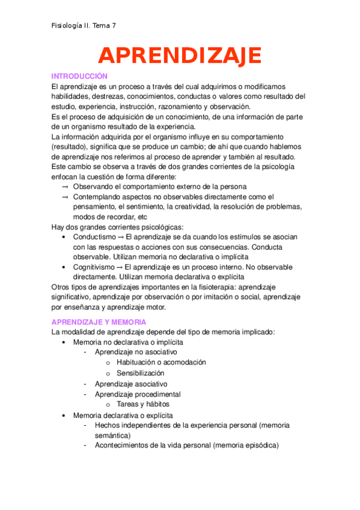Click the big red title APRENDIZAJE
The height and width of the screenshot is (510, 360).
coord(180,55)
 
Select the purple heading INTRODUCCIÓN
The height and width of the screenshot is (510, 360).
coord(79,76)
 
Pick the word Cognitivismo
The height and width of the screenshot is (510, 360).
coord(95,266)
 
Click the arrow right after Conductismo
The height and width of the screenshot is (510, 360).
coord(121,237)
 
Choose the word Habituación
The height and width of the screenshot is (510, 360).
coord(139,362)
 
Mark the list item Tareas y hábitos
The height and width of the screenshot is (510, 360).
coord(143,404)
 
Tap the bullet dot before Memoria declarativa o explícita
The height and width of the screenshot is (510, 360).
coord(65,415)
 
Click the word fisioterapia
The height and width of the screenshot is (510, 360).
coord(215,286)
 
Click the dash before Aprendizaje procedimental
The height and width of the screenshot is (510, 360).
coord(87,394)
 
